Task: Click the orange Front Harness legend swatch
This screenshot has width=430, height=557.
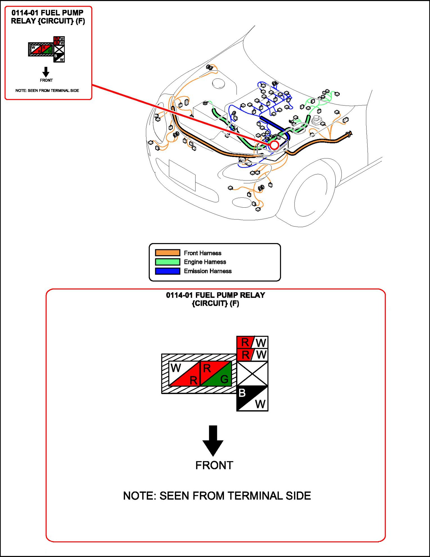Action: (x=168, y=253)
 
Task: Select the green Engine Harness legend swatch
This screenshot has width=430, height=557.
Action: (x=168, y=262)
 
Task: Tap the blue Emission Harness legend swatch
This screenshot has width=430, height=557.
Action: (x=168, y=271)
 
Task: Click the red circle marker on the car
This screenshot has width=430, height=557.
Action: (x=274, y=145)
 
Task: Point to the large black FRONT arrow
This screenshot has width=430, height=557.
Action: (x=213, y=440)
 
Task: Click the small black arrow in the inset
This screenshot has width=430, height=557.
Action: (x=46, y=72)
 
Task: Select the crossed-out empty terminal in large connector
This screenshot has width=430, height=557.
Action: (x=252, y=374)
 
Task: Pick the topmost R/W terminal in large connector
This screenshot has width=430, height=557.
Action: (x=252, y=342)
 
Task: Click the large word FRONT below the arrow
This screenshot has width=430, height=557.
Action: (x=214, y=465)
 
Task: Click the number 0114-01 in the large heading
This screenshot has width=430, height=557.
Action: (x=179, y=295)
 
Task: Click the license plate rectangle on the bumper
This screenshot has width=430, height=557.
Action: (x=182, y=175)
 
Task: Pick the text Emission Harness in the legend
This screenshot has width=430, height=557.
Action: (x=208, y=271)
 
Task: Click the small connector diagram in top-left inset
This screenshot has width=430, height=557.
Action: (x=47, y=49)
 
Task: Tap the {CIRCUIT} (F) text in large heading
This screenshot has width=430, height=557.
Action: (x=216, y=304)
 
